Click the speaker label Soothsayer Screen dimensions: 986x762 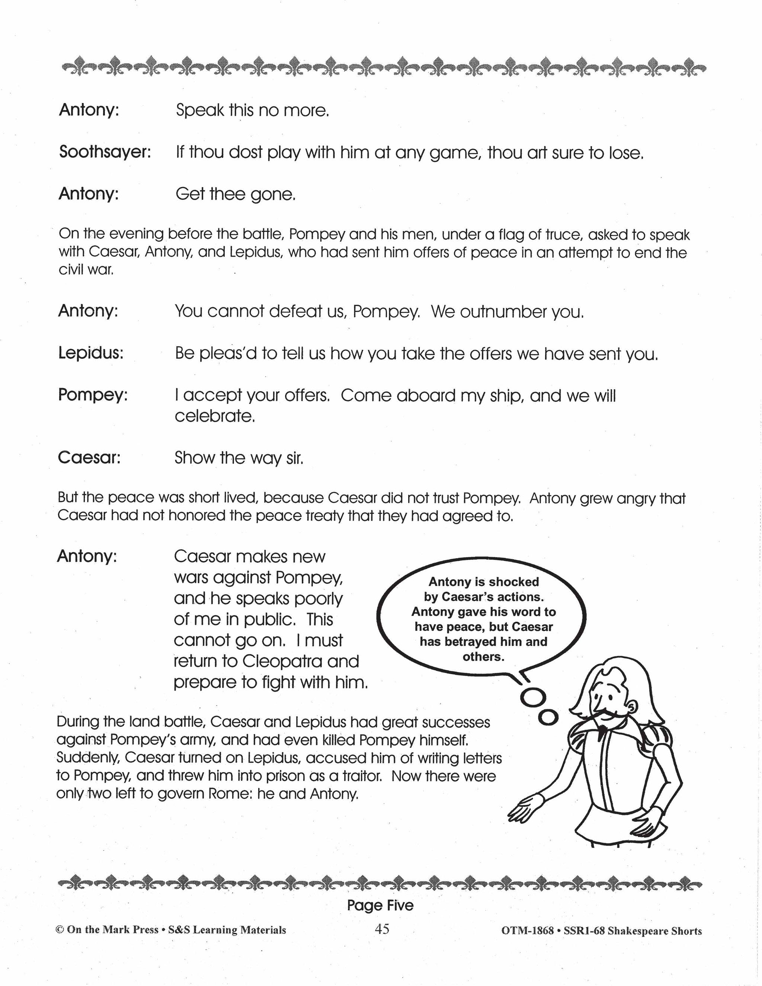(104, 153)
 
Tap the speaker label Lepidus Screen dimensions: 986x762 (90, 353)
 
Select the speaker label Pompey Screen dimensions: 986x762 (93, 395)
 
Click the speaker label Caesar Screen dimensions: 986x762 (89, 458)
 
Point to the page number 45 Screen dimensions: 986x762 (382, 929)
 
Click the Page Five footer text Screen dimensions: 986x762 (380, 905)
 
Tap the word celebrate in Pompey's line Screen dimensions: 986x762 (215, 416)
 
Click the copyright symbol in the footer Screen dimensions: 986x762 (59, 929)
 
